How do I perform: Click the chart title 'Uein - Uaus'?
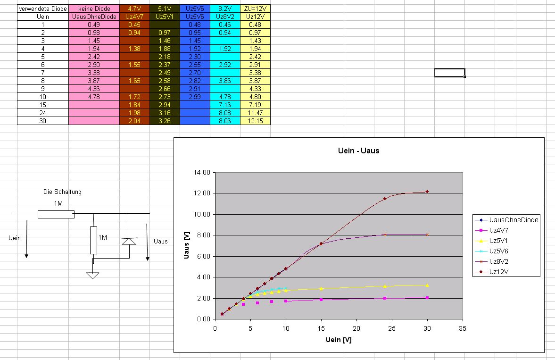[358, 151]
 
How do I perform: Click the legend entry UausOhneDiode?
[513, 220]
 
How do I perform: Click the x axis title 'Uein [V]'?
[338, 340]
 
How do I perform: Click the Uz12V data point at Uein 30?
[427, 192]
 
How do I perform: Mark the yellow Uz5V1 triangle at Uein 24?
[385, 286]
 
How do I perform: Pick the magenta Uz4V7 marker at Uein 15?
[321, 300]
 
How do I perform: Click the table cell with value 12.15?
[255, 121]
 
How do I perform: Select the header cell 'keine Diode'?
[94, 8]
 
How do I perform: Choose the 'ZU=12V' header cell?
[255, 8]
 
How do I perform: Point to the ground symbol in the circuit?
[93, 275]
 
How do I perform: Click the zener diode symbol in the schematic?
[129, 241]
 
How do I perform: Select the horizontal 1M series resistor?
[56, 214]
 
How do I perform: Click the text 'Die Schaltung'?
[62, 192]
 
